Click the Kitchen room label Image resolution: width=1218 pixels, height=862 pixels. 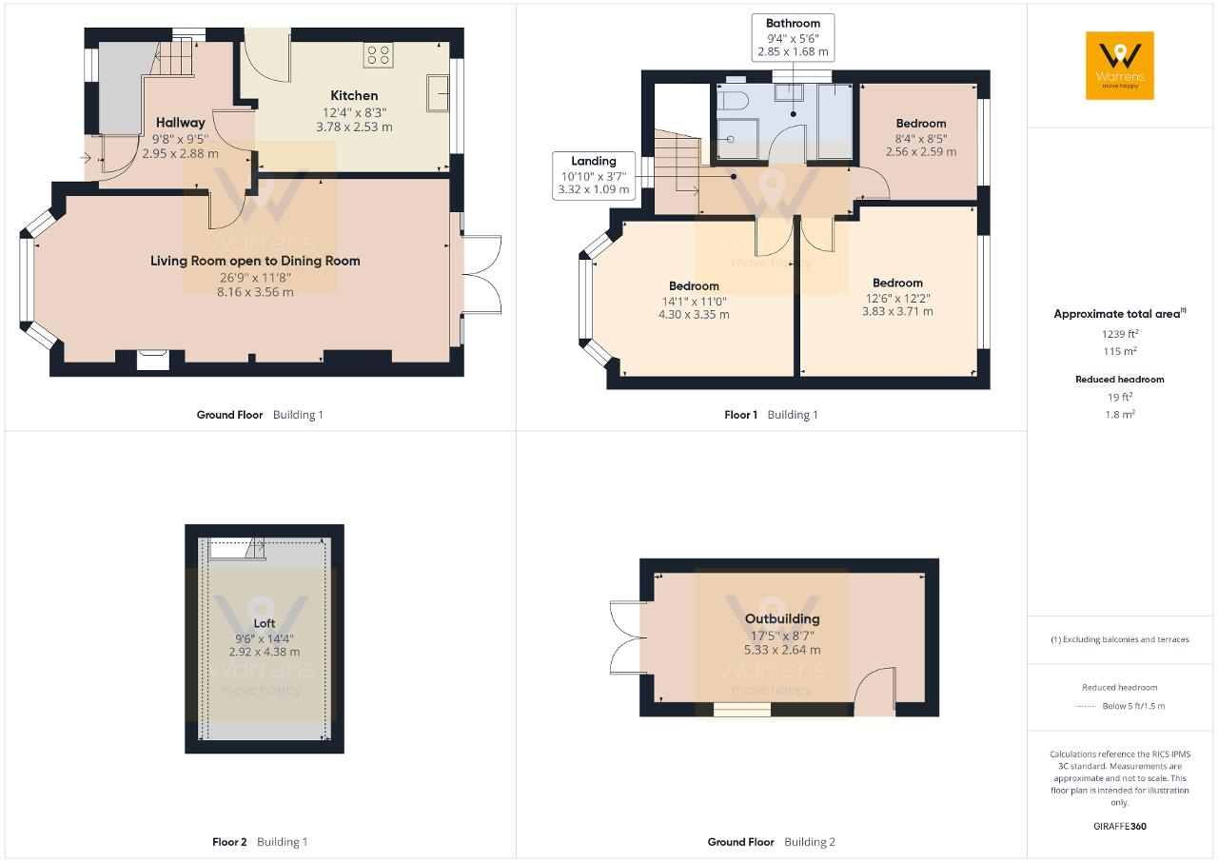[354, 96]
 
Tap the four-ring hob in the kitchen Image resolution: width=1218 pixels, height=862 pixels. [378, 55]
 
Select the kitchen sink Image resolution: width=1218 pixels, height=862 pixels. [438, 93]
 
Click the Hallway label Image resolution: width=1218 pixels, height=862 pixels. [181, 123]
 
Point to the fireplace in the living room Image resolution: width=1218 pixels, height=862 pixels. [153, 361]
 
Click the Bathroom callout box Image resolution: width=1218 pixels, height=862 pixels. [793, 37]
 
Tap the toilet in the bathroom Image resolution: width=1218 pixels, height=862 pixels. [733, 101]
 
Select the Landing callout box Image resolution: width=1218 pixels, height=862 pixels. [593, 176]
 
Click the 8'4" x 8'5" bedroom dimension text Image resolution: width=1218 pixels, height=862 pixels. [921, 139]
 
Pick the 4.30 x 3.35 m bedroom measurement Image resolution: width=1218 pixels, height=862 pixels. [694, 315]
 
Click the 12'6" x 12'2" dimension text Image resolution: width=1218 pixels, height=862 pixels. [897, 299]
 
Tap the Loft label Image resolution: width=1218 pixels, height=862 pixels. [265, 623]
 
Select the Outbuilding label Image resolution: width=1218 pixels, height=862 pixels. [782, 618]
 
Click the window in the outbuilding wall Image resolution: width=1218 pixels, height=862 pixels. [741, 709]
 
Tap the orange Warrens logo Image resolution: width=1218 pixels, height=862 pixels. [1120, 66]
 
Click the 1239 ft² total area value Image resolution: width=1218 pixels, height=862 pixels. [1120, 334]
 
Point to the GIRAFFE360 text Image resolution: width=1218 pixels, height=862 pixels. [1120, 826]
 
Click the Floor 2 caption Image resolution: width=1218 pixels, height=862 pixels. [229, 842]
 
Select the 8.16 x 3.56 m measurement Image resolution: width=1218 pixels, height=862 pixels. [255, 292]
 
